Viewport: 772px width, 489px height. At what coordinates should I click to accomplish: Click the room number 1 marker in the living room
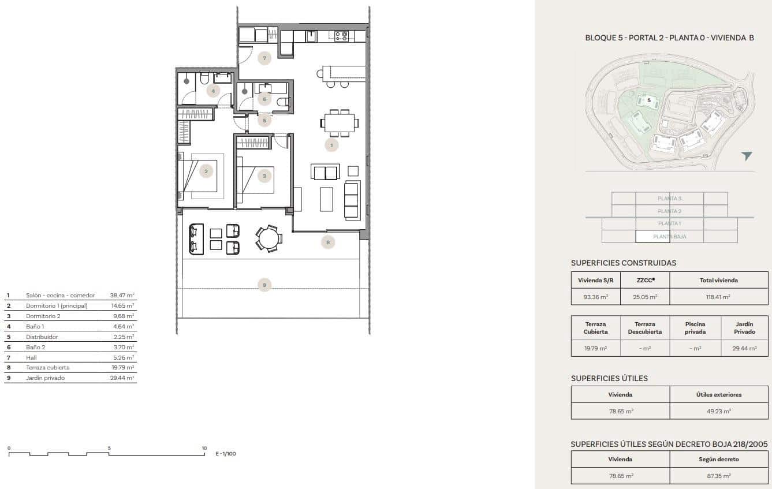(x=331, y=145)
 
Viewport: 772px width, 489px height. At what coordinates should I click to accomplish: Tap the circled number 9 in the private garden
(x=264, y=285)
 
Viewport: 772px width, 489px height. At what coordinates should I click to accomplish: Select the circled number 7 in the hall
(x=264, y=58)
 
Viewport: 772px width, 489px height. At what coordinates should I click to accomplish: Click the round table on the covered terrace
(x=268, y=238)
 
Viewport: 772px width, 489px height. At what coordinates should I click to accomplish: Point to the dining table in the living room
(x=340, y=123)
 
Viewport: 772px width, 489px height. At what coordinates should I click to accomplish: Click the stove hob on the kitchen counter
(x=341, y=36)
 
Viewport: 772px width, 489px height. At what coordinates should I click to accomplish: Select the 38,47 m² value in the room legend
(x=122, y=295)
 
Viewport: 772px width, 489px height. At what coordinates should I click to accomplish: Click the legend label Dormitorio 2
(x=43, y=316)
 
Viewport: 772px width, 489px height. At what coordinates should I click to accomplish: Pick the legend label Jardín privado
(x=45, y=378)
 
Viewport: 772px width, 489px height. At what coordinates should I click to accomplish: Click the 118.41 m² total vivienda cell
(x=718, y=297)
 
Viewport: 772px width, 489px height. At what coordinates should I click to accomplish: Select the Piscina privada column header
(x=695, y=327)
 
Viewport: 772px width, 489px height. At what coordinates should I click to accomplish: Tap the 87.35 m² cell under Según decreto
(x=718, y=476)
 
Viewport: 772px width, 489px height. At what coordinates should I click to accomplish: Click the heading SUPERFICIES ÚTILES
(x=609, y=378)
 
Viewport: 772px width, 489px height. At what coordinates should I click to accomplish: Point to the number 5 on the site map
(x=649, y=100)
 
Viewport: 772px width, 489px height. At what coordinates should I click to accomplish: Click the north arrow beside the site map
(x=747, y=156)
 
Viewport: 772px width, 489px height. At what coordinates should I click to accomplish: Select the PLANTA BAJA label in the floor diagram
(x=669, y=236)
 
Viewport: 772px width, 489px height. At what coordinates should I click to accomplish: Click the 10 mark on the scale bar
(x=204, y=448)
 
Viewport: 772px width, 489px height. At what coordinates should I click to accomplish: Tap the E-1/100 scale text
(x=226, y=454)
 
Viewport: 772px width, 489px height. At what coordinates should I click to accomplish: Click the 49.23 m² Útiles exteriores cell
(x=718, y=411)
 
